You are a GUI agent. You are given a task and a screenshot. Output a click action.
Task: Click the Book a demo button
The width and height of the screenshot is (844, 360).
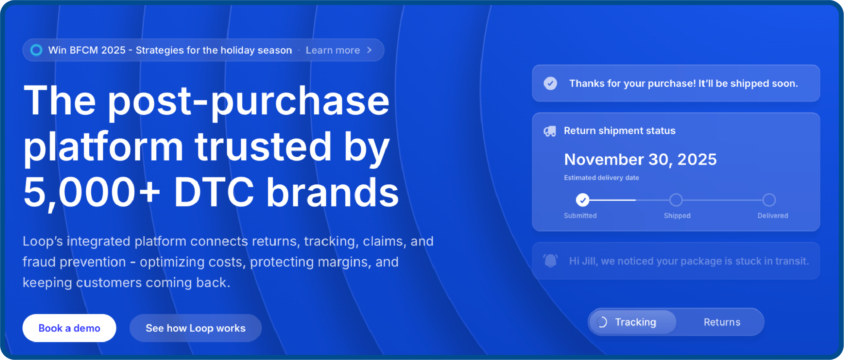click(69, 328)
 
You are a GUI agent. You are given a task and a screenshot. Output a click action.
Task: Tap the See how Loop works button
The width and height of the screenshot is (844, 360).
click(195, 328)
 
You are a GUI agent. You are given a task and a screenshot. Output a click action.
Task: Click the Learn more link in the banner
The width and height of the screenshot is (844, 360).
click(333, 50)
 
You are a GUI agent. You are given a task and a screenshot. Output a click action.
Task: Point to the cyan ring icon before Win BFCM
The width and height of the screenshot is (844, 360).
click(36, 50)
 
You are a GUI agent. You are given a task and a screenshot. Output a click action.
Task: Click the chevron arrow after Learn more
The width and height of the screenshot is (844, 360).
click(369, 50)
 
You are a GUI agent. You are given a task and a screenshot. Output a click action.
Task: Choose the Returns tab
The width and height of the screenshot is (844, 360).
click(722, 322)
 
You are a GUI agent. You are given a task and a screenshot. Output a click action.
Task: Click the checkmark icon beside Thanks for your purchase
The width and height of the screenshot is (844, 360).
click(550, 84)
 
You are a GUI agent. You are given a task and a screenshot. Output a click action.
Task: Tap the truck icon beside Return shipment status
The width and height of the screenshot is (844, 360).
click(550, 131)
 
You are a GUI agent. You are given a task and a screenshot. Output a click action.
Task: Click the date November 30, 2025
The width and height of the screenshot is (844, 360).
click(640, 159)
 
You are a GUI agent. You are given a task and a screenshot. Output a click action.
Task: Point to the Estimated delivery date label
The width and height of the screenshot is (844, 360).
click(601, 178)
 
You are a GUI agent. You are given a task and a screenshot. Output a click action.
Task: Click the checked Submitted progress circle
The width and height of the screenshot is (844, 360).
click(582, 200)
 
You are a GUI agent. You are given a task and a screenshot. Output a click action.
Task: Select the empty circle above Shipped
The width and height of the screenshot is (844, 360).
click(676, 200)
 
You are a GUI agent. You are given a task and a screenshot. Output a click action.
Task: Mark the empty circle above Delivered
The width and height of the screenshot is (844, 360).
click(769, 200)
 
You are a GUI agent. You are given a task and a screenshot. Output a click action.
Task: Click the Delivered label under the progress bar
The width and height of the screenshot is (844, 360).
click(772, 215)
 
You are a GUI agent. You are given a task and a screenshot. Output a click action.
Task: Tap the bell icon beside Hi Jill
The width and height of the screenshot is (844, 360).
click(550, 260)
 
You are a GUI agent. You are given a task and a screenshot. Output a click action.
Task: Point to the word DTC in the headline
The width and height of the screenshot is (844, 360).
click(214, 192)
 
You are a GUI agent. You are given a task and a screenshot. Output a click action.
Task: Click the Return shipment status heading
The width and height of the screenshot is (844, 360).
click(619, 131)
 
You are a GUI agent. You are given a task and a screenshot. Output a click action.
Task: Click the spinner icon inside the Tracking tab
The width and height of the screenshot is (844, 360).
click(602, 322)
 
